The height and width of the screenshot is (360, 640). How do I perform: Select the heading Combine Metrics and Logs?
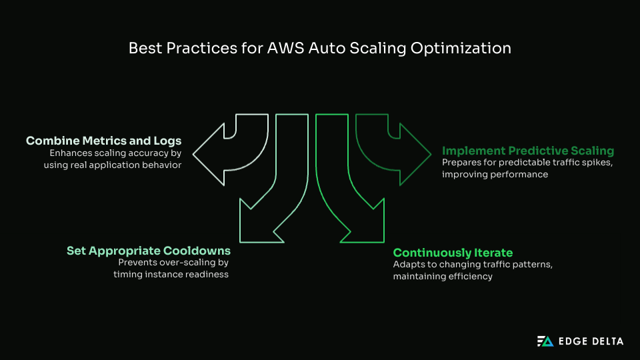point(103,141)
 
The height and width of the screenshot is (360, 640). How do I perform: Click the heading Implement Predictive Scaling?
point(528,151)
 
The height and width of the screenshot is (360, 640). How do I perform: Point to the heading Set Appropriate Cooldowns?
point(148,251)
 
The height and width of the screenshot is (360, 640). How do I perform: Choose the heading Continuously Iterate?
point(453,253)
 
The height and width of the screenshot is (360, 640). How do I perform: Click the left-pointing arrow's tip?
point(195,155)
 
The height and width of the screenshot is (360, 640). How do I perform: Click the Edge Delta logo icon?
point(545,341)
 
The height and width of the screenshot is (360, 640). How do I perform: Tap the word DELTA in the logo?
point(606,341)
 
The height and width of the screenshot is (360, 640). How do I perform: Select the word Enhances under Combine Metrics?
point(72,153)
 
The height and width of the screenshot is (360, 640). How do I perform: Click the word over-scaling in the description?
point(189,263)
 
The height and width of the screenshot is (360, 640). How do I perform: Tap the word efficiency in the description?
point(471,276)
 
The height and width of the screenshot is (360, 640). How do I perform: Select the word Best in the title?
point(143,49)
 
